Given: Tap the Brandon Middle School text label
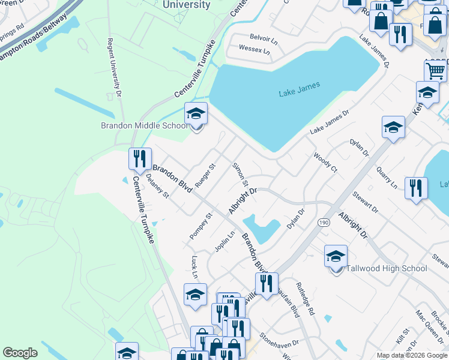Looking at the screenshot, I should (x=143, y=125).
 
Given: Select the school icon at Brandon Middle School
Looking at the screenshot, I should (x=196, y=113).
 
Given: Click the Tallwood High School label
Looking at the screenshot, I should (x=387, y=268).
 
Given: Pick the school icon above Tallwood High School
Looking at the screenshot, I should (x=336, y=256).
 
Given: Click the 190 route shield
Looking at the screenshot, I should (x=323, y=222).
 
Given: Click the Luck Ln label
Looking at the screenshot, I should (x=194, y=267).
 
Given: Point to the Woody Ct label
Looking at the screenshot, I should (x=325, y=163).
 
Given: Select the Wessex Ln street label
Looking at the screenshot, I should (x=255, y=49).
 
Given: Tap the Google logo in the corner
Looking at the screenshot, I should (x=20, y=353).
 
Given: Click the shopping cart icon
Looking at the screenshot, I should (x=435, y=71).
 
